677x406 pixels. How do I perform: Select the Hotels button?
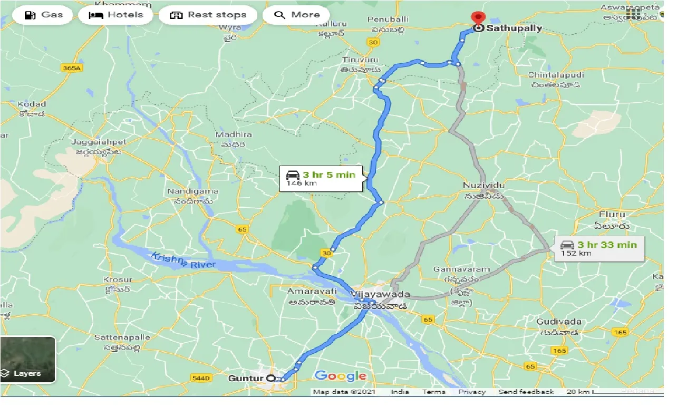pyautogui.click(x=116, y=15)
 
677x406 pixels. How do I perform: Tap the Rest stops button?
pyautogui.click(x=208, y=15)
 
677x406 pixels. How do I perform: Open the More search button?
pyautogui.click(x=296, y=15)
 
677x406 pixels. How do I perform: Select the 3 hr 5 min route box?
pyautogui.click(x=321, y=179)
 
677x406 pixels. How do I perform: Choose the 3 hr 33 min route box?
pyautogui.click(x=599, y=248)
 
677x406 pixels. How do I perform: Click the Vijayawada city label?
pyautogui.click(x=379, y=294)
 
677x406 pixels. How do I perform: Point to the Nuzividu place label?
pyautogui.click(x=483, y=186)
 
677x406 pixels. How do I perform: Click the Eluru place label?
pyautogui.click(x=612, y=215)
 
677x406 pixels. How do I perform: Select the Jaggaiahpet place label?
pyautogui.click(x=100, y=142)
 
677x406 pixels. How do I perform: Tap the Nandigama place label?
pyautogui.click(x=189, y=191)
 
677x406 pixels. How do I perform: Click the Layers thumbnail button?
pyautogui.click(x=28, y=360)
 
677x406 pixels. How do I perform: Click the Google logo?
pyautogui.click(x=341, y=376)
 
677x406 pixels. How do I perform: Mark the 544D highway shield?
pyautogui.click(x=201, y=378)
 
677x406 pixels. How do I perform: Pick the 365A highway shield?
pyautogui.click(x=72, y=68)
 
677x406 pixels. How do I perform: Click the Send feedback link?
pyautogui.click(x=526, y=392)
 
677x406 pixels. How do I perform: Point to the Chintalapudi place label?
pyautogui.click(x=556, y=75)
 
